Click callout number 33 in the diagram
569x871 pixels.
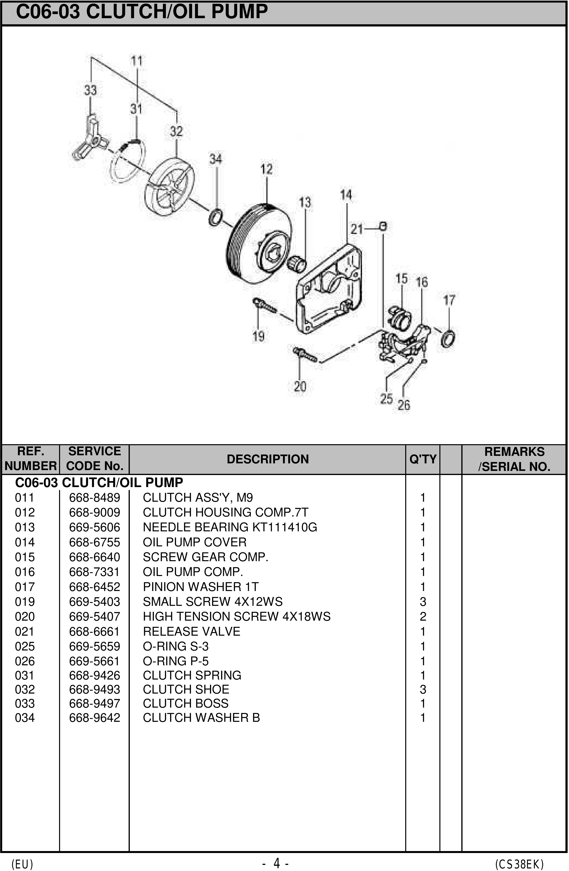(x=90, y=90)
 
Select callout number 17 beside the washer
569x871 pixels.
(x=449, y=300)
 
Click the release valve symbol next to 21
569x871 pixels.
(x=383, y=226)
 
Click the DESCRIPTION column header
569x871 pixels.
(x=268, y=459)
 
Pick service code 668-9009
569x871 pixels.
(x=94, y=512)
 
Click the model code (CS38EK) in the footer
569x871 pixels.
(x=519, y=861)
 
